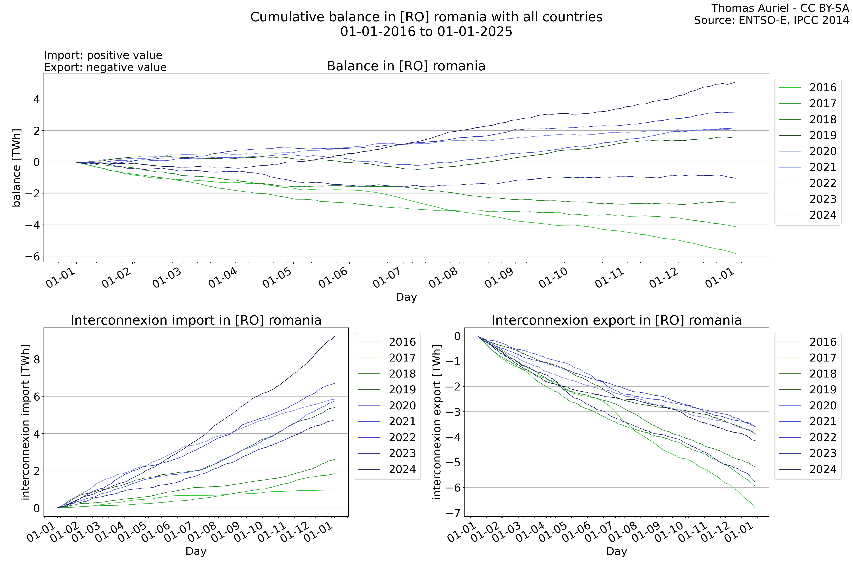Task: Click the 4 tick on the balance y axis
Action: [x=36, y=99]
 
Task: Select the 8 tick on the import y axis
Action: [x=36, y=359]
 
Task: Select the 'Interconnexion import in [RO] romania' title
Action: [x=196, y=320]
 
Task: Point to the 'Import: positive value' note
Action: [x=103, y=55]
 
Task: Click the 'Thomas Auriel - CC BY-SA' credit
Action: [x=780, y=8]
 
